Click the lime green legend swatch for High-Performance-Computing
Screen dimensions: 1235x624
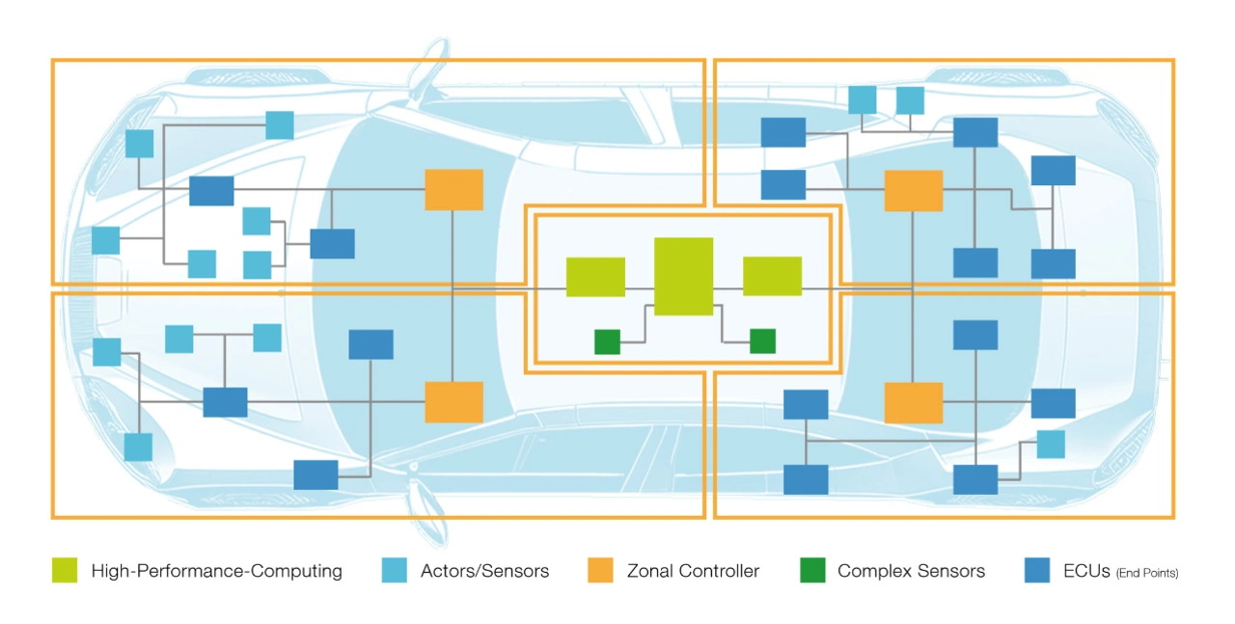pyautogui.click(x=65, y=570)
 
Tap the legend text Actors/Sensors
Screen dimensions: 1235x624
pyautogui.click(x=484, y=571)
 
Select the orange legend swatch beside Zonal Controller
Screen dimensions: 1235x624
pyautogui.click(x=600, y=570)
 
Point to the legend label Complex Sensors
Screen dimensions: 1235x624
pyautogui.click(x=911, y=571)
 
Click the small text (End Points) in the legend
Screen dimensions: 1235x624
pyautogui.click(x=1147, y=573)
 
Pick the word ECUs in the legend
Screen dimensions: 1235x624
pyautogui.click(x=1086, y=571)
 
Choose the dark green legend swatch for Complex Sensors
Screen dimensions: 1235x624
pyautogui.click(x=812, y=570)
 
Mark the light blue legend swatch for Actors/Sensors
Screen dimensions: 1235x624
pyautogui.click(x=395, y=570)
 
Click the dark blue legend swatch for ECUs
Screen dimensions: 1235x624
pyautogui.click(x=1037, y=570)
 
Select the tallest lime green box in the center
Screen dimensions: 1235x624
pyautogui.click(x=684, y=276)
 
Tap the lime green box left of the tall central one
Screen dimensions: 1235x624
pyautogui.click(x=595, y=277)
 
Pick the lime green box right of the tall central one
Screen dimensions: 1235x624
pyautogui.click(x=773, y=276)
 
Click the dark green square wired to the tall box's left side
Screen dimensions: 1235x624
pyautogui.click(x=607, y=341)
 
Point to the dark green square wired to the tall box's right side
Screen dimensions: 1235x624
pyautogui.click(x=762, y=340)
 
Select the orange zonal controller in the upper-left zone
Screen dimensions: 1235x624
pyautogui.click(x=453, y=190)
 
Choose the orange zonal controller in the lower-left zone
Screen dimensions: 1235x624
pyautogui.click(x=453, y=402)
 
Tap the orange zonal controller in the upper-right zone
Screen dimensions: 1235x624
pyautogui.click(x=914, y=191)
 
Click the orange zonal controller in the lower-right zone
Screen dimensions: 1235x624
pyautogui.click(x=914, y=403)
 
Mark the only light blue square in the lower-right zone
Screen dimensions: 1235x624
pyautogui.click(x=1051, y=445)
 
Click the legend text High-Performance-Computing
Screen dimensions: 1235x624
pyautogui.click(x=217, y=571)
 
